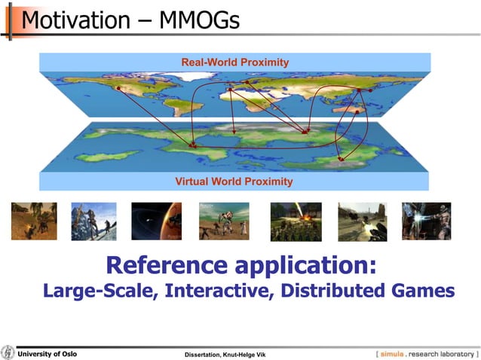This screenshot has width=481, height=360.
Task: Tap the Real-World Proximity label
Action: click(x=234, y=62)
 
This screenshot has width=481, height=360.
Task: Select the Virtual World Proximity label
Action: click(x=234, y=182)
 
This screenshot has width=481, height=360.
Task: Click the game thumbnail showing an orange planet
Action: click(x=156, y=221)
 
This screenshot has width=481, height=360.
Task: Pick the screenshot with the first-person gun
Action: click(x=362, y=221)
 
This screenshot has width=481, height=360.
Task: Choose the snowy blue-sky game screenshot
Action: click(x=94, y=221)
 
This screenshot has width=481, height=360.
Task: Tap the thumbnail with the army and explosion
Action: click(x=296, y=221)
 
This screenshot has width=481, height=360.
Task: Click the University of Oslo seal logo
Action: click(x=8, y=352)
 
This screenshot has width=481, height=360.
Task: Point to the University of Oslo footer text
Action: click(x=47, y=353)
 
